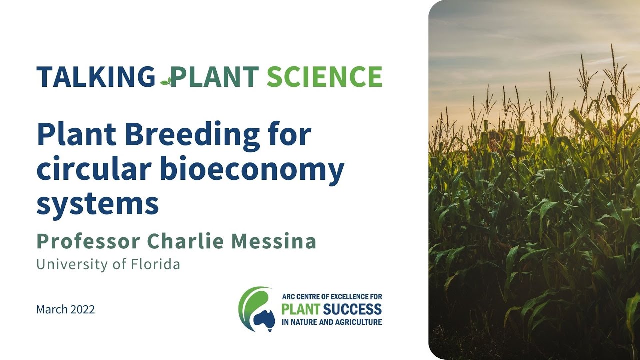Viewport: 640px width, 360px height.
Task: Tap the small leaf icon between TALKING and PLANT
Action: (x=166, y=80)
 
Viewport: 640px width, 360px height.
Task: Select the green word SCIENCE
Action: (x=324, y=77)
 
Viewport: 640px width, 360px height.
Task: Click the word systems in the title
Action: (x=97, y=204)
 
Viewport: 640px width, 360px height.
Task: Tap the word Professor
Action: (x=88, y=241)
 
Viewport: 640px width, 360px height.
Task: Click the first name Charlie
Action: (x=185, y=241)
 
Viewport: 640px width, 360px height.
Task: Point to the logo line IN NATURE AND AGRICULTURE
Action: (x=331, y=322)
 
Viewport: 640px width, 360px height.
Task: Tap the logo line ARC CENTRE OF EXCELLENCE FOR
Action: (x=331, y=296)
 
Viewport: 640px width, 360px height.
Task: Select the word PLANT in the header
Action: (x=214, y=77)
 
